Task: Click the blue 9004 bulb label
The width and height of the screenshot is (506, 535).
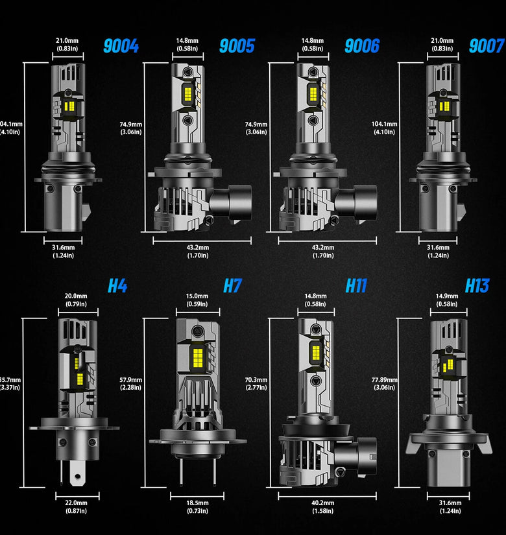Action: click(x=121, y=46)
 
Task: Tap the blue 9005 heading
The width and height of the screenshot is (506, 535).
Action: click(x=237, y=46)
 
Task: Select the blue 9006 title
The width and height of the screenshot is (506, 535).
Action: click(x=361, y=46)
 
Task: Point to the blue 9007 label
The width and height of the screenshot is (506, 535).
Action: click(x=487, y=46)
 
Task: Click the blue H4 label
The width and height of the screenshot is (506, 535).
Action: click(x=117, y=285)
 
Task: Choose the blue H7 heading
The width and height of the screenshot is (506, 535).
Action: click(x=232, y=285)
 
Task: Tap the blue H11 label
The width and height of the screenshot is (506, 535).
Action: click(x=356, y=285)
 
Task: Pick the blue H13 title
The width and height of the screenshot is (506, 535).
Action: click(x=477, y=285)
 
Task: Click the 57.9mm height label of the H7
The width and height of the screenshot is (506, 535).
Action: click(x=130, y=383)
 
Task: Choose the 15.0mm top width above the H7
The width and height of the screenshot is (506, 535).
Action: click(x=197, y=300)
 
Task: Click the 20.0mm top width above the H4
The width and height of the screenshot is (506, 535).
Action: click(x=77, y=300)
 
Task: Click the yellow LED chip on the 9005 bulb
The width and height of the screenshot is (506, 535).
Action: click(x=193, y=95)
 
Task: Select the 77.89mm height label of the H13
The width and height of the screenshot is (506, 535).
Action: click(x=385, y=383)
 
